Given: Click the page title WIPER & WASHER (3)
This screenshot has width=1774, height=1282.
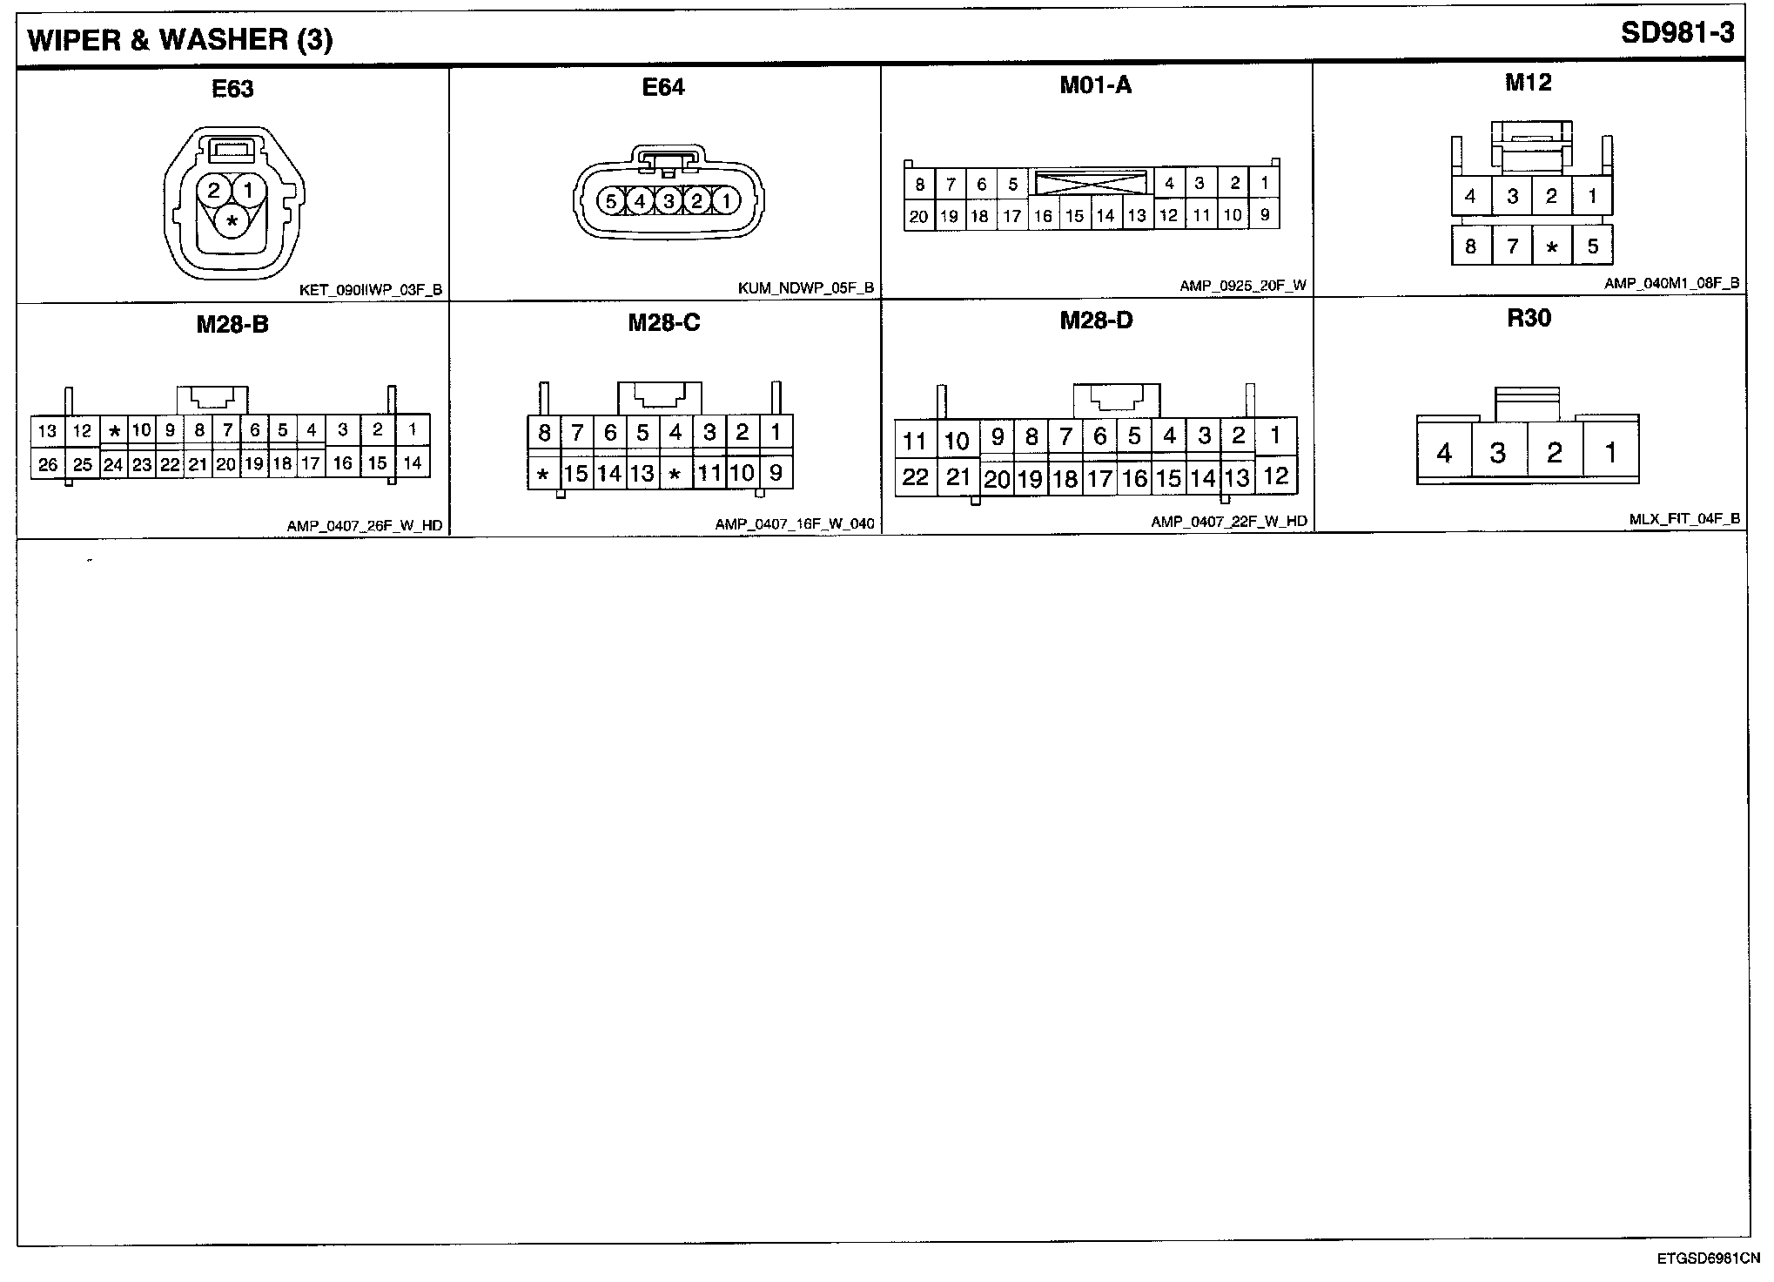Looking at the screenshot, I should [x=180, y=40].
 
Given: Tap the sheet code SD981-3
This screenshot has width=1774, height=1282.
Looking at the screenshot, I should [x=1677, y=34].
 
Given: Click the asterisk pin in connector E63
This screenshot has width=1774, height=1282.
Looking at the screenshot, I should [x=232, y=222].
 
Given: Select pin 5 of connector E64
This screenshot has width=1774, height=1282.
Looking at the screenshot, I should [x=611, y=202].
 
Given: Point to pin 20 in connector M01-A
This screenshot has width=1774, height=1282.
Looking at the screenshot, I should [x=918, y=217].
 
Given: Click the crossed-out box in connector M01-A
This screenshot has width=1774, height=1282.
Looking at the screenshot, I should [x=1091, y=183].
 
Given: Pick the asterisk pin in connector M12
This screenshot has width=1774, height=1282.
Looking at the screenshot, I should [x=1551, y=247].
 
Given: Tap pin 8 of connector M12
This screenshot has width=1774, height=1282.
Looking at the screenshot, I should [x=1470, y=246].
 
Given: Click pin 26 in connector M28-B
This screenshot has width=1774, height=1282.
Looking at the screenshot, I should [x=48, y=464].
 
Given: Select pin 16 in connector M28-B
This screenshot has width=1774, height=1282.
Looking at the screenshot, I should [x=343, y=462].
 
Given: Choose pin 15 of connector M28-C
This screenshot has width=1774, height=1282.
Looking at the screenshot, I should [x=576, y=474].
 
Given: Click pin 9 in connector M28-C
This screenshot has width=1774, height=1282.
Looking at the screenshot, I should [x=776, y=473].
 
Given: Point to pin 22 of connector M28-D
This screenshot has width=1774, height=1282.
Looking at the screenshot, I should [x=915, y=476].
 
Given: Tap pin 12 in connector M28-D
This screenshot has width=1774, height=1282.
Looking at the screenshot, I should [x=1276, y=476].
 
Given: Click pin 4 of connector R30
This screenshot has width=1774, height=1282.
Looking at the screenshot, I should [x=1444, y=453].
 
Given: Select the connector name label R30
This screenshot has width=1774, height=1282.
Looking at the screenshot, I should [x=1529, y=319].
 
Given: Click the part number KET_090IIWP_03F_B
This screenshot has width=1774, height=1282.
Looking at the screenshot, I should [x=371, y=291].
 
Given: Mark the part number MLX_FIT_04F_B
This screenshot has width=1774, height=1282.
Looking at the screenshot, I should [x=1684, y=520].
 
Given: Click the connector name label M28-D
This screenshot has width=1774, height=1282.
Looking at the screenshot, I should [x=1096, y=321].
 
